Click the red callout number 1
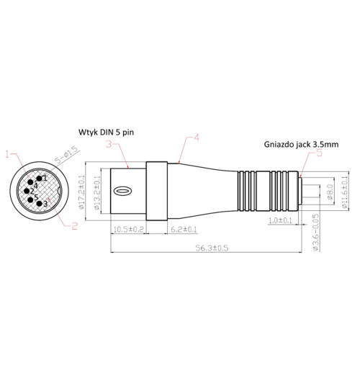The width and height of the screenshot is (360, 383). [7, 153]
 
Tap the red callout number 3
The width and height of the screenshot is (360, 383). [109, 144]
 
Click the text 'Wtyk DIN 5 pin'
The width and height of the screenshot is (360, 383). [107, 132]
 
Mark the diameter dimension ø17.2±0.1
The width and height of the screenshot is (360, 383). [81, 193]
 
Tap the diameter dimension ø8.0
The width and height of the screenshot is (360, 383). [330, 192]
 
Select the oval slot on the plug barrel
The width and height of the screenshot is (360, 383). [124, 192]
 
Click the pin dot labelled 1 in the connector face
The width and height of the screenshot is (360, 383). [40, 176]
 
